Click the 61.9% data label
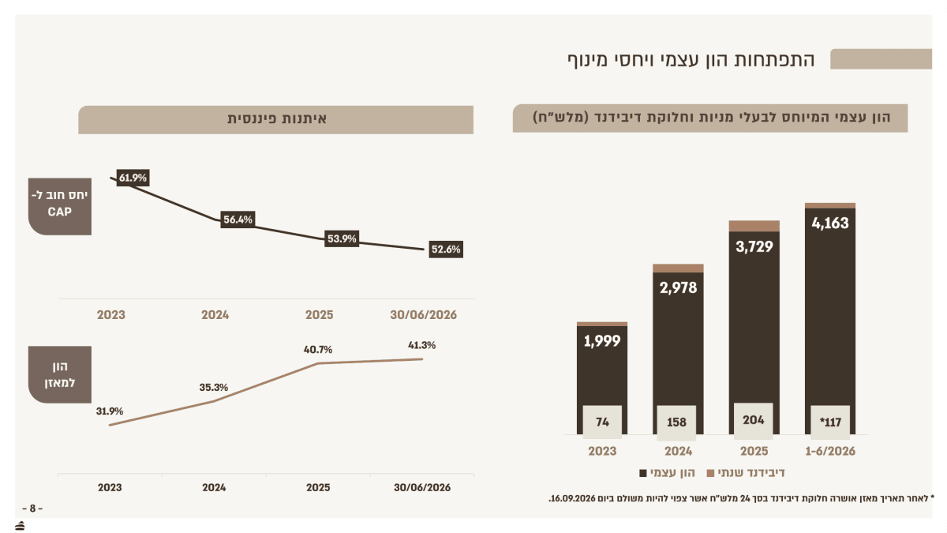(133, 178)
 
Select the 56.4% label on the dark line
(238, 220)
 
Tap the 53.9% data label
(342, 238)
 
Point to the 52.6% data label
(446, 250)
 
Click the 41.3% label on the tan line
(421, 345)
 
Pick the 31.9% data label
(110, 411)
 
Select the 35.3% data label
(214, 388)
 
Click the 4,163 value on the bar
(830, 223)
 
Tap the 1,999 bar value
(602, 341)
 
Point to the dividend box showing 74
(602, 422)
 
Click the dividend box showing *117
(830, 422)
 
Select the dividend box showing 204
(754, 420)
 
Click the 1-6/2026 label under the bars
(830, 452)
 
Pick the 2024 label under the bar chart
(678, 452)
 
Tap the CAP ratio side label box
(60, 206)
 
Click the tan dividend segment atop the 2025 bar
(754, 226)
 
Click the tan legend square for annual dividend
(711, 473)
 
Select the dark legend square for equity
(643, 473)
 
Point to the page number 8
(32, 509)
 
